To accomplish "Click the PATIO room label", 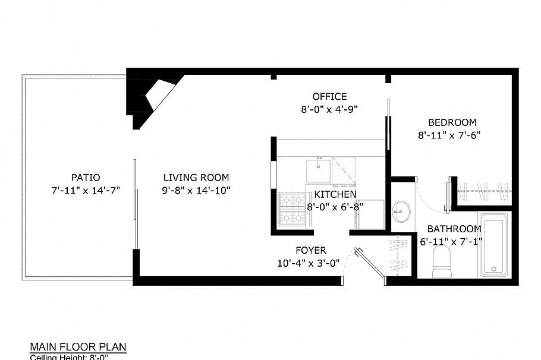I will tap(86, 177).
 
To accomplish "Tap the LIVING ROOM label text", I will tap(196, 177).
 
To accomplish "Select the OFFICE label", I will tap(329, 96).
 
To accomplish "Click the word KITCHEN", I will tap(335, 194).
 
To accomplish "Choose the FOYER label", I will tap(311, 251).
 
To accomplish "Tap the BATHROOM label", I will tap(454, 229).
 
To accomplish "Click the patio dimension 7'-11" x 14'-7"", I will tap(86, 190).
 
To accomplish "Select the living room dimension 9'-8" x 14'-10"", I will tap(196, 190).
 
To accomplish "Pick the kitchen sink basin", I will tap(318, 171).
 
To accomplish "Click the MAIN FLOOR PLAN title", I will tap(78, 347).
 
